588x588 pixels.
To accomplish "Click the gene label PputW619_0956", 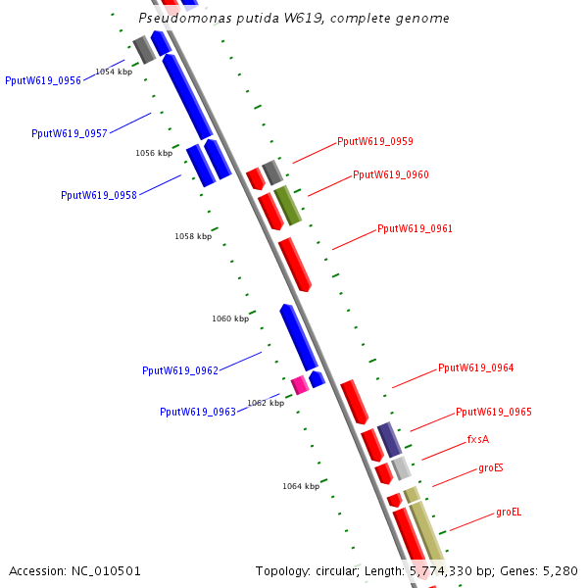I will point(43,81).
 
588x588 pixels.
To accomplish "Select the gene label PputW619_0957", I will point(70,134).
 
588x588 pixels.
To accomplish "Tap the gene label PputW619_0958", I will point(99,196).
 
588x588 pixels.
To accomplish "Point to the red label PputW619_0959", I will point(375,141).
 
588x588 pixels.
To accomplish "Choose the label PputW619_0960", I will point(391,175).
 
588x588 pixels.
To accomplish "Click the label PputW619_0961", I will point(416,229).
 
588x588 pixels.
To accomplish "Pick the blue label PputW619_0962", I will point(180,371).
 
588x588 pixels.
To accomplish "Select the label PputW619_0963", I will point(198,413).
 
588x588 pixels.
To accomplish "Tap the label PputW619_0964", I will point(476,368).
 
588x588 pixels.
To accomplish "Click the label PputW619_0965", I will point(494,413).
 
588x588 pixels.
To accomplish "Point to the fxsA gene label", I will point(478,440).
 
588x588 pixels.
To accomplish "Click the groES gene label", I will point(491,468).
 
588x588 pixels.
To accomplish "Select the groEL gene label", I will point(509,512).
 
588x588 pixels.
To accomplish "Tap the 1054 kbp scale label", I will point(114,73).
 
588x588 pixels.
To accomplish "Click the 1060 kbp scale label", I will point(230,318).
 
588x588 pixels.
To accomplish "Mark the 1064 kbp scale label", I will point(301,486).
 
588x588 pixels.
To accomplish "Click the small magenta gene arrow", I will point(300,384).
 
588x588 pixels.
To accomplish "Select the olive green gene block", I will point(287,205).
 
